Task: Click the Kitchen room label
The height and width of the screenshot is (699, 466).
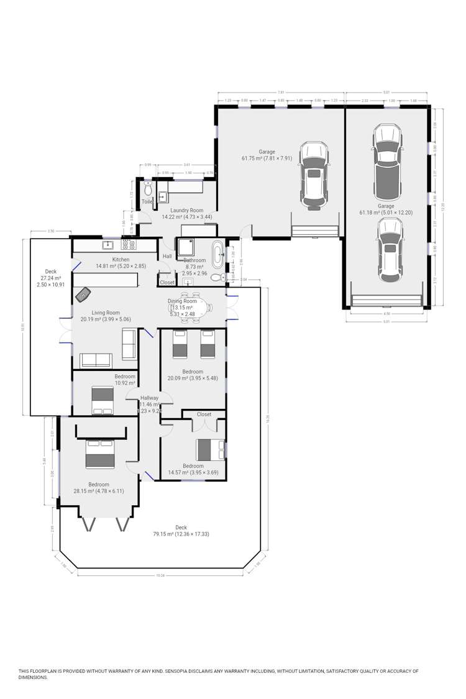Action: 121,259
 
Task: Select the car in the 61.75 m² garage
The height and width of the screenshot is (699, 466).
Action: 313,175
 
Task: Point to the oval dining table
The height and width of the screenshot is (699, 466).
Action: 190,305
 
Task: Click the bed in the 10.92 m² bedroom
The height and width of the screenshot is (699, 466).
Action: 103,400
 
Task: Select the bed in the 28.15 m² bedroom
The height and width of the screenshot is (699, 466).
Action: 99,454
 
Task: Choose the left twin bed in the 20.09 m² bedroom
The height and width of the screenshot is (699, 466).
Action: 179,344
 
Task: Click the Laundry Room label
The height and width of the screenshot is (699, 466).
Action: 179,210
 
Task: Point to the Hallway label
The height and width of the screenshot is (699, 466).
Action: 149,398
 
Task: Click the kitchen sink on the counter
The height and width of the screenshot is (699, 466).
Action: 107,245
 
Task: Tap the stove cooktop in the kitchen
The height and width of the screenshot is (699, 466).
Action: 129,245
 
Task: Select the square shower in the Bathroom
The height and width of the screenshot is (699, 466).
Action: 189,249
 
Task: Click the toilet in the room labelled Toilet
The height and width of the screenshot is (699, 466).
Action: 148,186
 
